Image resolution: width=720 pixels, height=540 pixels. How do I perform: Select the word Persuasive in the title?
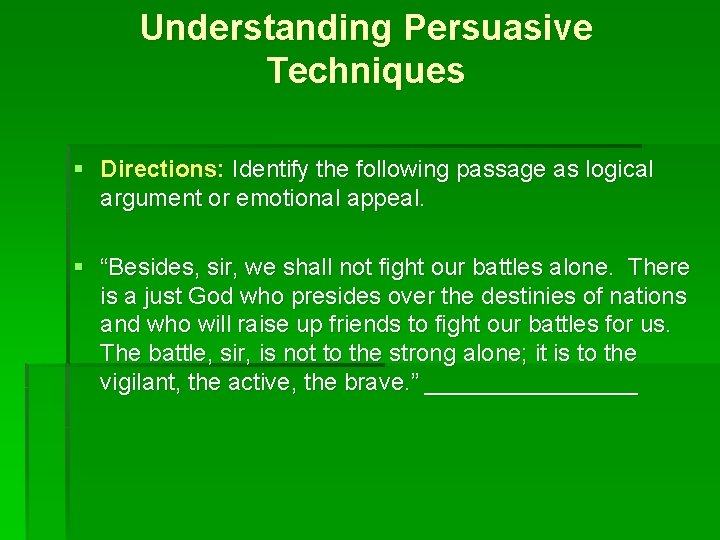[x=498, y=28]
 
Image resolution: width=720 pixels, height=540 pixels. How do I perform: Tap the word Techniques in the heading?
[x=366, y=71]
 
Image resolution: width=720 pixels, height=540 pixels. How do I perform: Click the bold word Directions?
[x=163, y=170]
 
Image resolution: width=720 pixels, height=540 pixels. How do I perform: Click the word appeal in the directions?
[x=392, y=198]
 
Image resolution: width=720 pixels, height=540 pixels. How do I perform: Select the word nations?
[x=651, y=297]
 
